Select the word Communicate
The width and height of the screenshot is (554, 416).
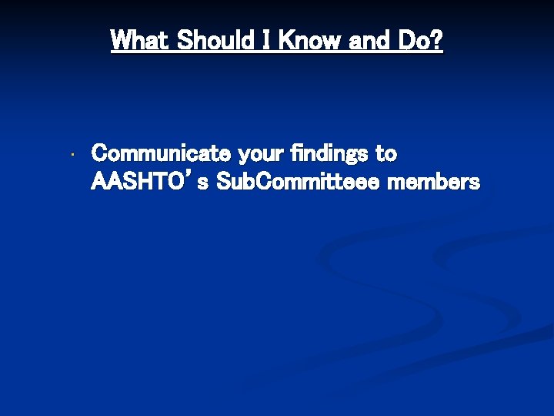tap(162, 154)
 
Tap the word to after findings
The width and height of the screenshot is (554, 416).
tap(386, 154)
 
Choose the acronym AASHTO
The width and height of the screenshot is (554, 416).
tap(135, 183)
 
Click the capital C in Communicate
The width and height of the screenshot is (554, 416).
tap(100, 154)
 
